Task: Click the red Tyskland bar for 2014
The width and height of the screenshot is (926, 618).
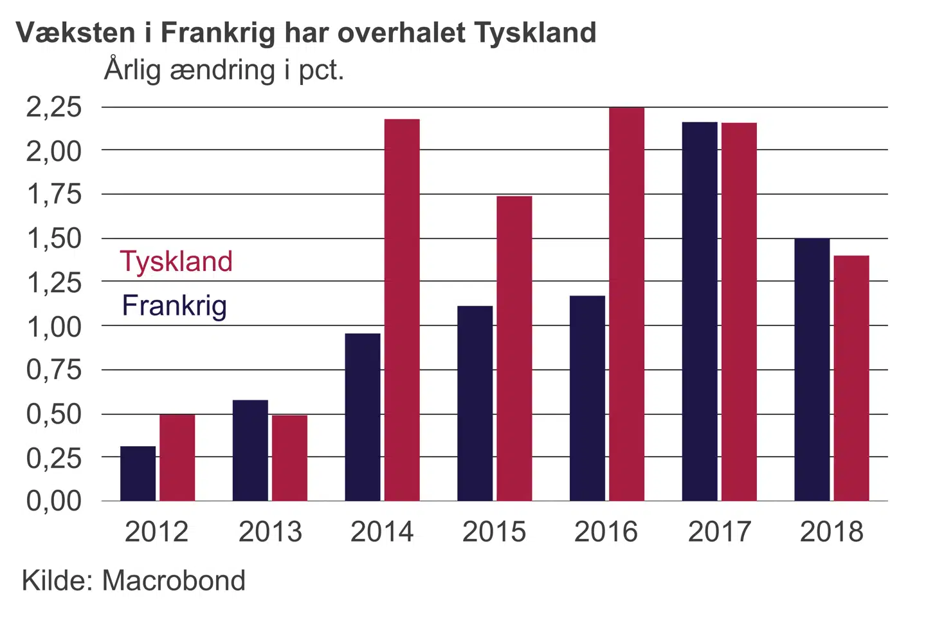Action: pyautogui.click(x=402, y=310)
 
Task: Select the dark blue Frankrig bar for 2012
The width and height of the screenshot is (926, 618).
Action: pyautogui.click(x=138, y=473)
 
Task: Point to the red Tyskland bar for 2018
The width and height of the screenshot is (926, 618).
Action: pyautogui.click(x=851, y=378)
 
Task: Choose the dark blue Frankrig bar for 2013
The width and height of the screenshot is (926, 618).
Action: pyautogui.click(x=250, y=450)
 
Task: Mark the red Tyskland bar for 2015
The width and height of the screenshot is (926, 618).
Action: pyautogui.click(x=514, y=348)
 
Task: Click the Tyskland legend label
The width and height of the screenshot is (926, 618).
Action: pyautogui.click(x=176, y=262)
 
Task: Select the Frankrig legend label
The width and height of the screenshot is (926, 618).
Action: pyautogui.click(x=174, y=306)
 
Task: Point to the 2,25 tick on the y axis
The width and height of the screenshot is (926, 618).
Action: pyautogui.click(x=54, y=107)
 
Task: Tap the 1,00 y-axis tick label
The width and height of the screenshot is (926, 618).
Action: pyautogui.click(x=54, y=326)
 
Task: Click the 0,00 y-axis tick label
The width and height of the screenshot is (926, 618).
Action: pyautogui.click(x=54, y=501)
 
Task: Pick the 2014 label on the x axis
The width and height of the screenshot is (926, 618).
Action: pyautogui.click(x=382, y=532)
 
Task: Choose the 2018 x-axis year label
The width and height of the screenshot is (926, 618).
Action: pyautogui.click(x=831, y=532)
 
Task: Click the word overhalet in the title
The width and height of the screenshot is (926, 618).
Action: pyautogui.click(x=401, y=32)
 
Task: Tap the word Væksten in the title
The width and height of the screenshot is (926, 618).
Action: pyautogui.click(x=77, y=32)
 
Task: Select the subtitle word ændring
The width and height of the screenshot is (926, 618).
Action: pyautogui.click(x=222, y=70)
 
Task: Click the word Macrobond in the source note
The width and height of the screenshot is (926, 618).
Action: pyautogui.click(x=174, y=581)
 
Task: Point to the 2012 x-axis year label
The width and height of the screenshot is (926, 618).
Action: pyautogui.click(x=156, y=532)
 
